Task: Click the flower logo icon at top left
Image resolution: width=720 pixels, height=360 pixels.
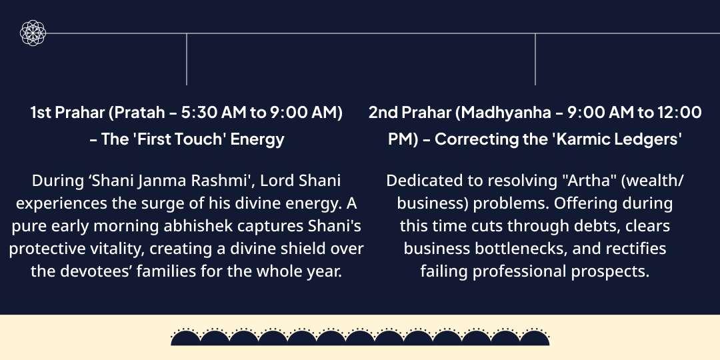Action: coord(32,33)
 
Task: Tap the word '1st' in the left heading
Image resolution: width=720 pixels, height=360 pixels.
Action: coord(42,113)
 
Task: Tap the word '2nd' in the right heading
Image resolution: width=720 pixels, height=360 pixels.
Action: coord(383,113)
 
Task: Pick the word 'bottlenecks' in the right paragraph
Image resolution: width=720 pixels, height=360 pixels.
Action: coord(505,249)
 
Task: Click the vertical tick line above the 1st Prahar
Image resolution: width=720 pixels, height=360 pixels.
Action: coord(187,59)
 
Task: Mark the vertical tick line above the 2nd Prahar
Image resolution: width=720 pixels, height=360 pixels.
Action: coord(535,59)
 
